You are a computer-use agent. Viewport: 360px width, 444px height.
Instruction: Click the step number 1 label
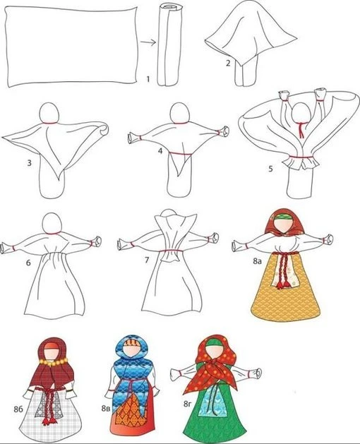[148, 79]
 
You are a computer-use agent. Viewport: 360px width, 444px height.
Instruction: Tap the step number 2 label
[228, 63]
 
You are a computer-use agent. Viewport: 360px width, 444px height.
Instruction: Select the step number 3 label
[30, 163]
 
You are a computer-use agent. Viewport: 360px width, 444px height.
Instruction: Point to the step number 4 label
[160, 151]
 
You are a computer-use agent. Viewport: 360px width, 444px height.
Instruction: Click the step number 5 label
[270, 169]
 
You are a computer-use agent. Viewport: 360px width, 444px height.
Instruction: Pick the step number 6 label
[28, 263]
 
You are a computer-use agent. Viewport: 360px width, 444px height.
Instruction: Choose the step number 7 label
[147, 260]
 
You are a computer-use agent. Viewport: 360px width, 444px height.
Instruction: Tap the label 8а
[257, 261]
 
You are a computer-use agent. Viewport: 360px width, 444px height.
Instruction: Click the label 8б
[18, 409]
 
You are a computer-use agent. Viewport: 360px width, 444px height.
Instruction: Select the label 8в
[105, 408]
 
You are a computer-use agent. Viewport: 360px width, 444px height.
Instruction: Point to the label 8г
[188, 404]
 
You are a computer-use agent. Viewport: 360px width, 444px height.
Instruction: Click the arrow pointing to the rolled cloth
[148, 42]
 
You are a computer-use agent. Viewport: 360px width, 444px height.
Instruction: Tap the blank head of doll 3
[49, 112]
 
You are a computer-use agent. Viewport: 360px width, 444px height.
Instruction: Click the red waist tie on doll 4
[181, 154]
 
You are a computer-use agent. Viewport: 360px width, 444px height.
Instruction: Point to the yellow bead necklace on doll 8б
[54, 361]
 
